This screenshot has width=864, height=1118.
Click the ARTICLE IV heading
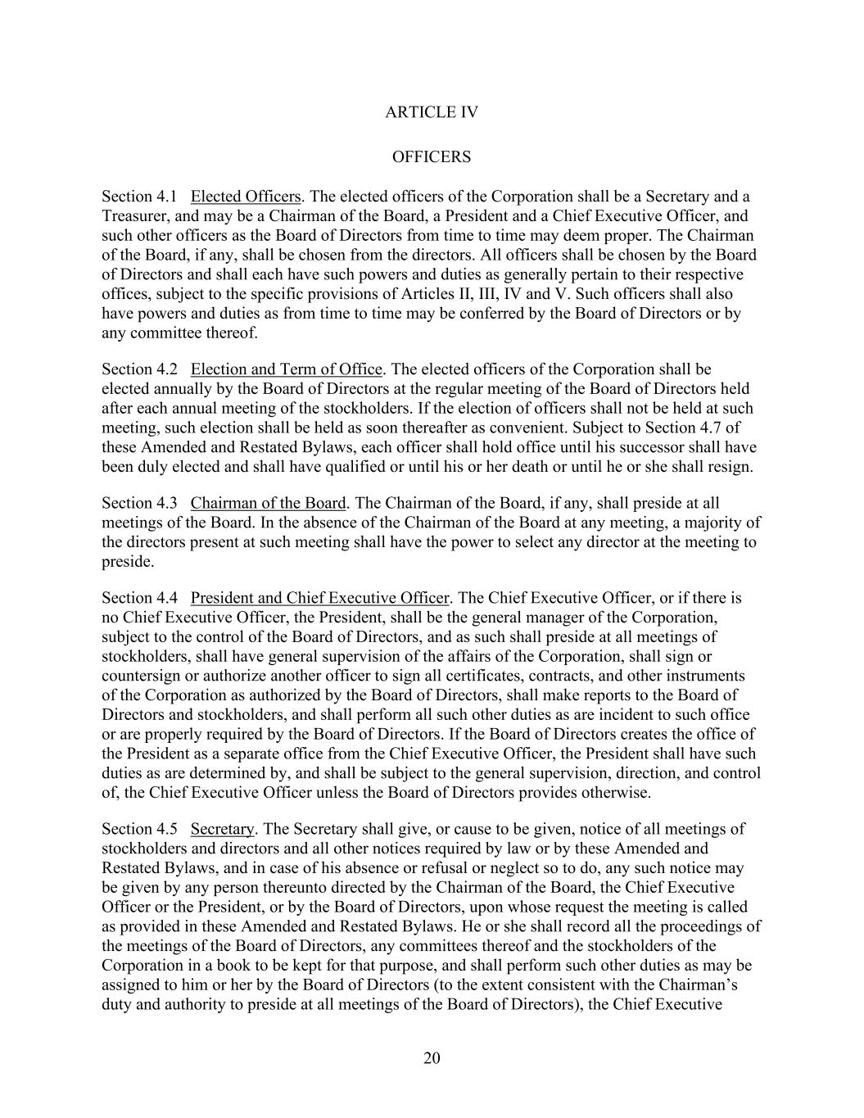(431, 112)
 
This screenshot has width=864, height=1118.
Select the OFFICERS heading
(431, 156)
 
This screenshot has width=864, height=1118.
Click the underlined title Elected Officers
(246, 197)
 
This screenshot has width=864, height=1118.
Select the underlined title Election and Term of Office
(287, 369)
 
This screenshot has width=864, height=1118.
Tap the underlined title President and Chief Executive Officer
(320, 598)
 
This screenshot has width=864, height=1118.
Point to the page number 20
(432, 1058)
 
